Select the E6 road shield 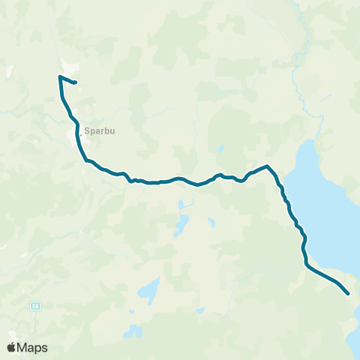click(x=34, y=306)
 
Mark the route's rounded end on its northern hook click(x=76, y=82)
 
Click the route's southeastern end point click(x=348, y=293)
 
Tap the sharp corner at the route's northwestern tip click(x=59, y=76)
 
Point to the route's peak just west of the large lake click(x=266, y=166)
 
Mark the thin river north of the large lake click(x=299, y=82)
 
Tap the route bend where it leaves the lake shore click(x=306, y=262)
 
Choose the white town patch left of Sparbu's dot click(x=76, y=136)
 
